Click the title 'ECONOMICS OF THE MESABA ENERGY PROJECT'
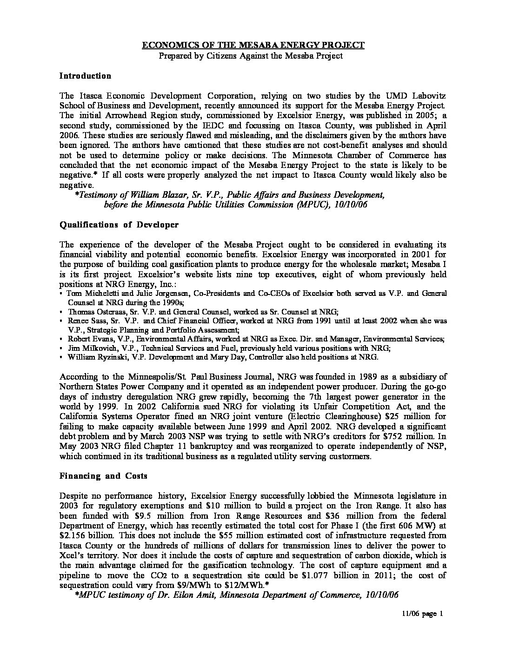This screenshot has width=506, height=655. [x=253, y=45]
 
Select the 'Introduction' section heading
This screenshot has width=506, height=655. [x=85, y=76]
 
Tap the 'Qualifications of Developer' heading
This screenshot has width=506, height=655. [x=119, y=224]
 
